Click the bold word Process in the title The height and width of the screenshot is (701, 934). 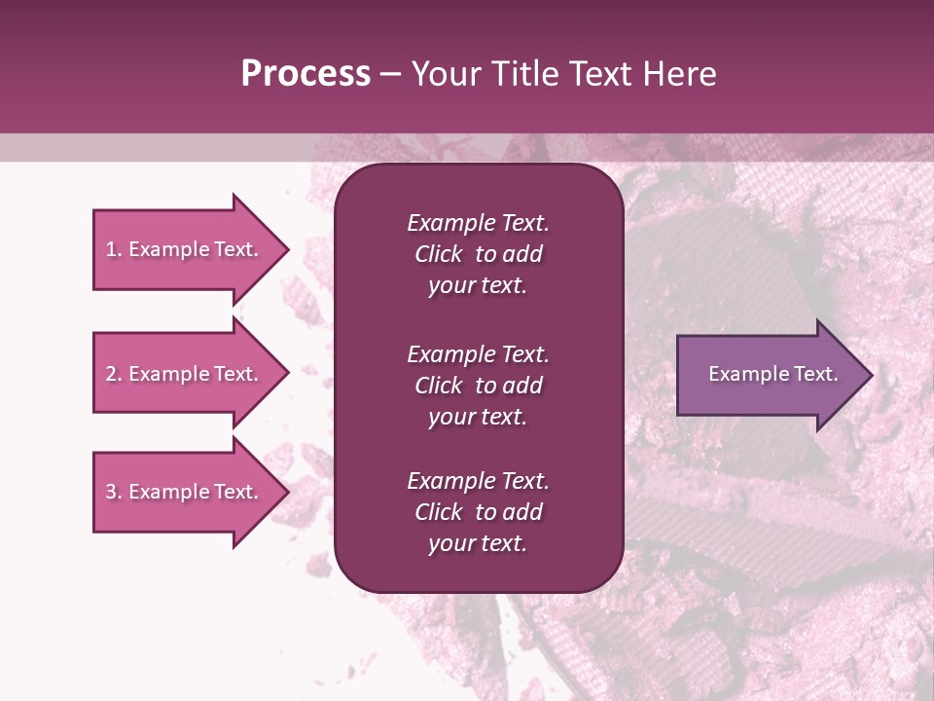click(x=305, y=74)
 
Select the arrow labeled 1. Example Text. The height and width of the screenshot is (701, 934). click(x=185, y=249)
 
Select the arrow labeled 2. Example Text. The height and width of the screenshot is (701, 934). click(x=185, y=374)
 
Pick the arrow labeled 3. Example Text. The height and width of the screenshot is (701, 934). click(x=185, y=492)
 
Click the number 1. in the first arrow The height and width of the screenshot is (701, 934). click(x=113, y=249)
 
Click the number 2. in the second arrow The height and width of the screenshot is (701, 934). click(x=113, y=374)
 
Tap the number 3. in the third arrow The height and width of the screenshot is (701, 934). click(x=113, y=492)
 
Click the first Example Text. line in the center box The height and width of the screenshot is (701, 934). click(x=478, y=223)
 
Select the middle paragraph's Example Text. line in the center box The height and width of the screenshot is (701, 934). click(x=478, y=354)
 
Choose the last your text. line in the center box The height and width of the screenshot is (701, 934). click(x=478, y=544)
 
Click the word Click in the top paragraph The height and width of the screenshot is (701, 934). click(x=438, y=254)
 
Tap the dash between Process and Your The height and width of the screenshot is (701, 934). click(x=391, y=74)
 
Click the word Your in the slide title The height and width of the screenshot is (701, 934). click(x=444, y=74)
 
